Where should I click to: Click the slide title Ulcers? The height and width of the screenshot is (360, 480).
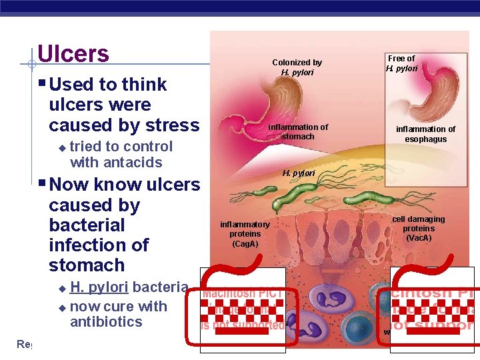point(73,53)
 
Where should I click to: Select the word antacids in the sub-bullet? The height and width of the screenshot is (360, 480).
point(134,162)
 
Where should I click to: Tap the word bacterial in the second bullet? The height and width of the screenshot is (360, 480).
point(87,225)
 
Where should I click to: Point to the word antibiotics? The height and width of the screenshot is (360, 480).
point(106,322)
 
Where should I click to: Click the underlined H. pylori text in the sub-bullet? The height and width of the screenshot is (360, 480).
point(99,287)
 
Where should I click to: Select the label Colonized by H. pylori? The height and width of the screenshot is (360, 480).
point(297,67)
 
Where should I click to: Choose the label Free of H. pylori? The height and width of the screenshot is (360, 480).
point(401,63)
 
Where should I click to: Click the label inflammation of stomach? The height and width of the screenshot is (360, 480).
point(298,131)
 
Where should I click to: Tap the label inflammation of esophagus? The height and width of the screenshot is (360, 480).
point(426,134)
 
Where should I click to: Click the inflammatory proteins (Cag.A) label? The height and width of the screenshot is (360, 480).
point(245,234)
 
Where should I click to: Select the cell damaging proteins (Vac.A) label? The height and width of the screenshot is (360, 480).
point(418,228)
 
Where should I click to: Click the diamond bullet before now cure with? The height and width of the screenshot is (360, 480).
point(63,308)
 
